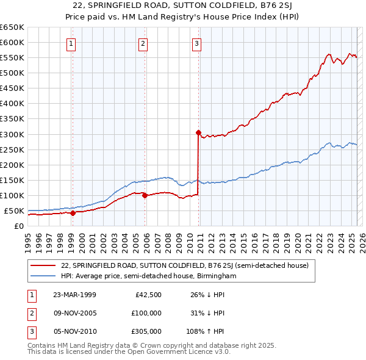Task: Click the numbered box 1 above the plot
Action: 72,43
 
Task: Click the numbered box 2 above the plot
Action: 143,43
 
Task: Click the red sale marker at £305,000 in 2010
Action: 198,132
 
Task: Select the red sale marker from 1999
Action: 73,213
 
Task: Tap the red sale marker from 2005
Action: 145,195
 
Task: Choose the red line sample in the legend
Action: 43,265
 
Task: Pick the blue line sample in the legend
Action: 43,276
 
